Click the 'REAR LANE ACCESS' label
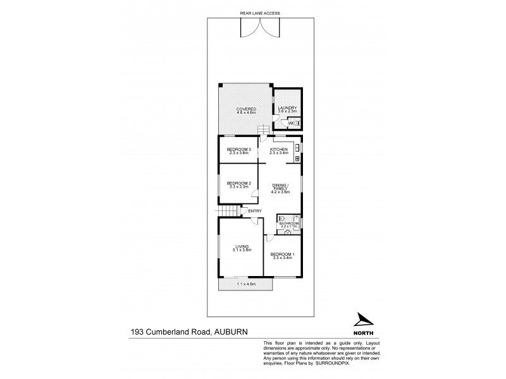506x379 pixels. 259,13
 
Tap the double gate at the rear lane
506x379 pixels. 259,28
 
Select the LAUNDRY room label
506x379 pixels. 288,109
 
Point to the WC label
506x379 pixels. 293,123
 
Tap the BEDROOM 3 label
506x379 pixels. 239,150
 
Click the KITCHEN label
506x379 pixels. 279,150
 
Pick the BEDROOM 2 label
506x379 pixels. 239,184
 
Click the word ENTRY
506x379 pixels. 255,210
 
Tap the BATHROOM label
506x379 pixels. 289,223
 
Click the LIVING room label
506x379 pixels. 242,247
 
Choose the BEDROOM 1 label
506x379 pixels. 283,255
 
